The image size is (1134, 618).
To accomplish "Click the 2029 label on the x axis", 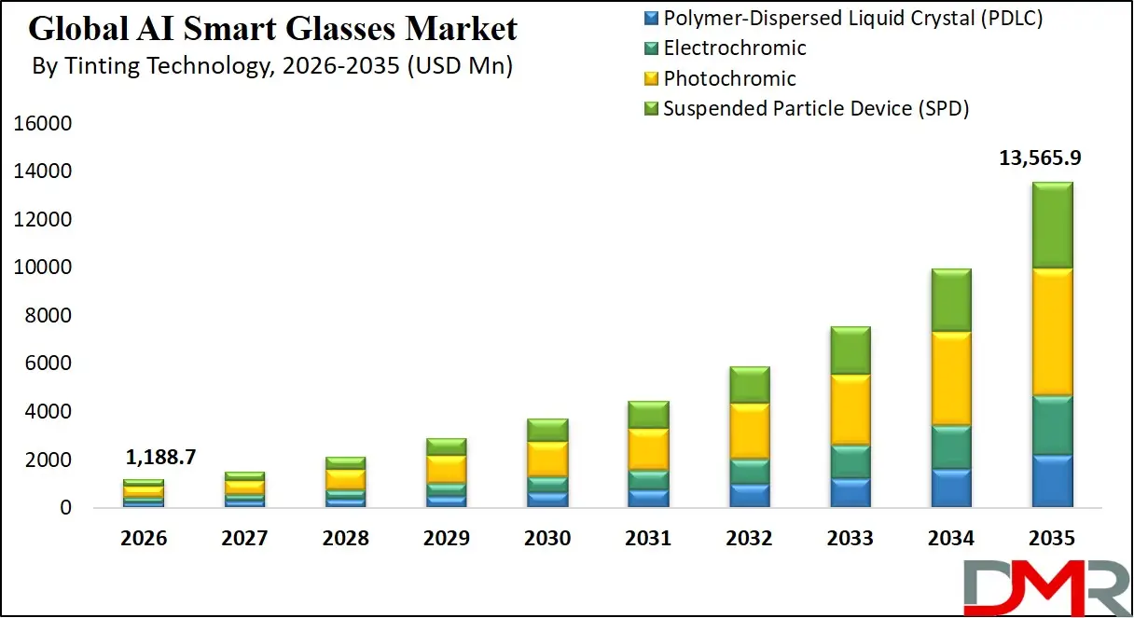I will [446, 539].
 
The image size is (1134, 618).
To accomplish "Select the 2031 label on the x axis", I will [647, 539].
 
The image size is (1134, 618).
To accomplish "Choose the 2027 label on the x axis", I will [245, 539].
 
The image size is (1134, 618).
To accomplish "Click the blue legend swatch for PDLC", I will [651, 18].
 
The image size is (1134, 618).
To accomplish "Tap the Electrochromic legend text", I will [735, 48].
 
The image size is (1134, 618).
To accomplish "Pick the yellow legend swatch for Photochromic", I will [651, 78].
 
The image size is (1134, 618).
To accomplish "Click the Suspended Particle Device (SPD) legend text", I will [816, 108].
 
